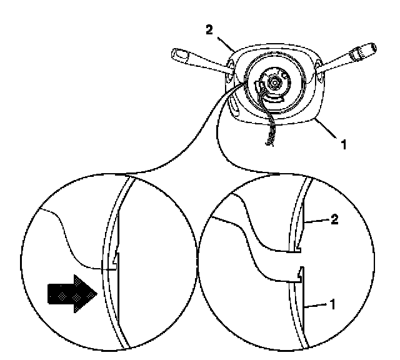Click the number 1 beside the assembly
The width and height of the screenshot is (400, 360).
click(x=343, y=144)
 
